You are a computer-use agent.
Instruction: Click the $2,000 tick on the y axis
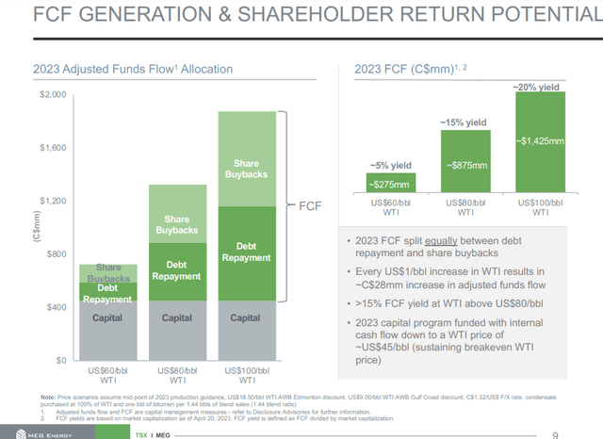pos(52,95)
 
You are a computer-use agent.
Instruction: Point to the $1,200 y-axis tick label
pos(52,202)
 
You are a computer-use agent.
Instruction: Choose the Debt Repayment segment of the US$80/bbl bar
pos(176,272)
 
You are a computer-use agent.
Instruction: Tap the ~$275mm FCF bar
pos(388,184)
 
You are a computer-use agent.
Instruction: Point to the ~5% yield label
pos(388,166)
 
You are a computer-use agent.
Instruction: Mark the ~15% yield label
pos(465,122)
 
